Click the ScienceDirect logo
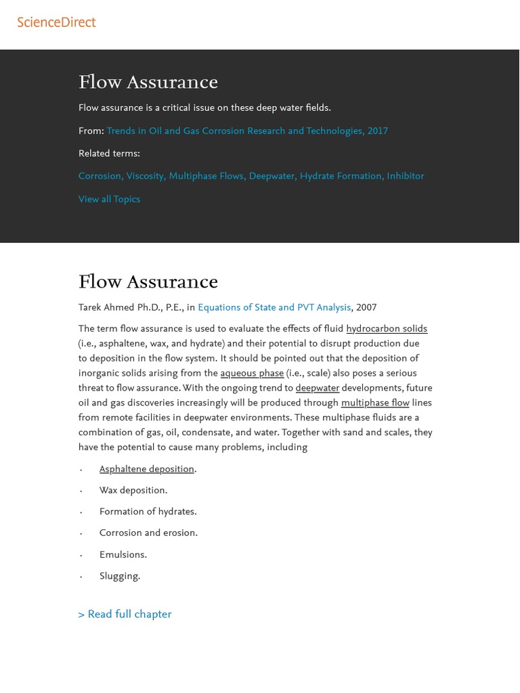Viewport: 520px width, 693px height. pyautogui.click(x=56, y=22)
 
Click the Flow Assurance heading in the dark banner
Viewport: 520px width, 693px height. pyautogui.click(x=148, y=83)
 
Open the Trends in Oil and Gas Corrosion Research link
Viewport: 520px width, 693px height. pyautogui.click(x=246, y=131)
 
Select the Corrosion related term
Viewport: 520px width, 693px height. pyautogui.click(x=100, y=177)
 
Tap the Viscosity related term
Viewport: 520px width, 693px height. pyautogui.click(x=145, y=177)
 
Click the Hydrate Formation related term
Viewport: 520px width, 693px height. pyautogui.click(x=341, y=177)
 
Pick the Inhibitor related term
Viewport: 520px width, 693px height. pyautogui.click(x=405, y=177)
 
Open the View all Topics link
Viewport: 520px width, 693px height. pyautogui.click(x=109, y=200)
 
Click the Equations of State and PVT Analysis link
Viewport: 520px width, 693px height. pyautogui.click(x=274, y=308)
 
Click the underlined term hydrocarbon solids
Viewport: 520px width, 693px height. pyautogui.click(x=386, y=330)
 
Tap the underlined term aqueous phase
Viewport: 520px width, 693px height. pyautogui.click(x=252, y=374)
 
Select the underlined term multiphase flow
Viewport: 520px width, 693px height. pyautogui.click(x=374, y=403)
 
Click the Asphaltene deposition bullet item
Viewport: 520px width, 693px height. pyautogui.click(x=146, y=470)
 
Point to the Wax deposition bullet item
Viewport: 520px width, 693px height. pyautogui.click(x=133, y=491)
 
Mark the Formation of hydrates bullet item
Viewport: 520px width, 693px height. pyautogui.click(x=148, y=512)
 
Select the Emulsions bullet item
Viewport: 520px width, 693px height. pyautogui.click(x=123, y=555)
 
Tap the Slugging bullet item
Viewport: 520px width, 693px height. pyautogui.click(x=119, y=577)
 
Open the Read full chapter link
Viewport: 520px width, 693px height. pyautogui.click(x=125, y=614)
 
